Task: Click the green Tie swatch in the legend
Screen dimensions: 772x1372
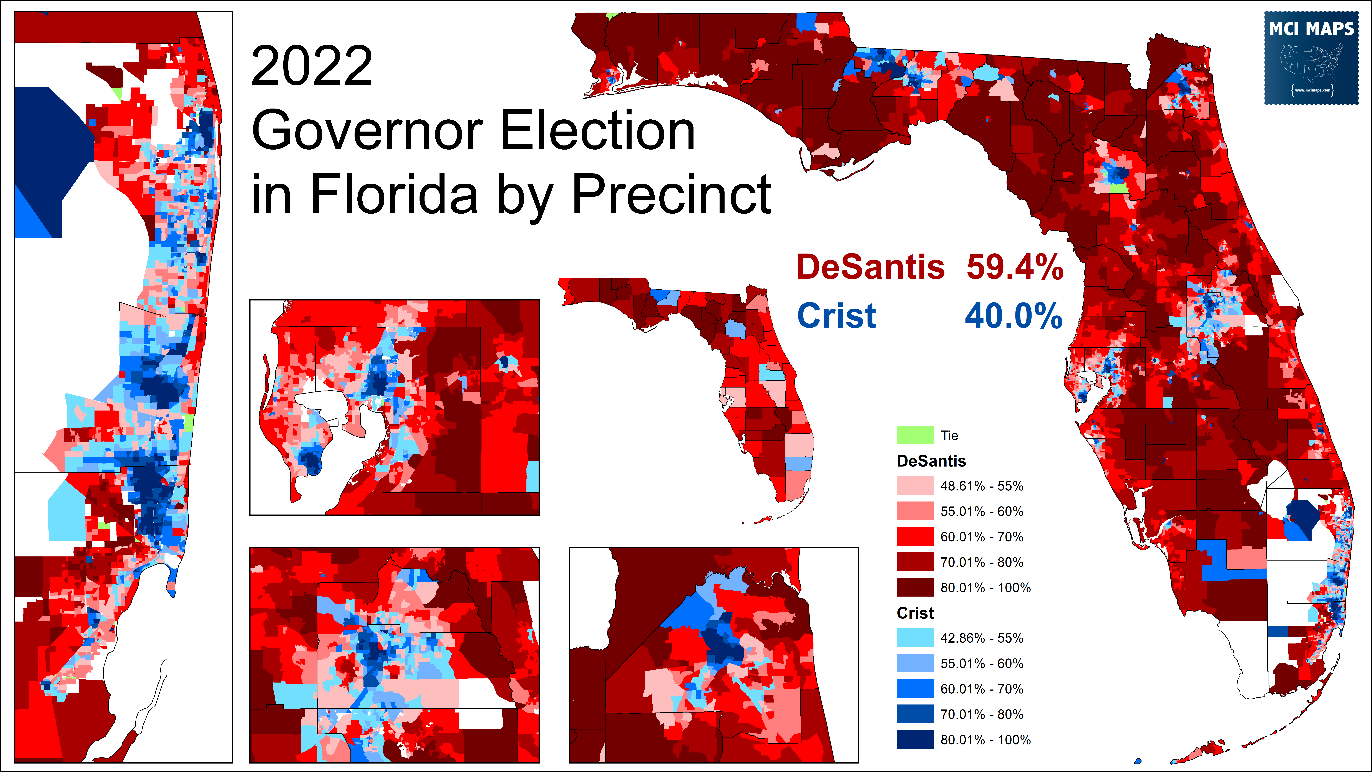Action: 914,435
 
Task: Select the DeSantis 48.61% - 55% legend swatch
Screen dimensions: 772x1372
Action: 914,486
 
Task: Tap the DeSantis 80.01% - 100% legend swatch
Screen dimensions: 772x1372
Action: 914,587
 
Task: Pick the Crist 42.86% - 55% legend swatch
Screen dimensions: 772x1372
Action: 914,638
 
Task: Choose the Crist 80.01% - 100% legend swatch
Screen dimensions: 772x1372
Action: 914,739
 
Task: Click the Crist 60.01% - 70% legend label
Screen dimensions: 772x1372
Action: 982,689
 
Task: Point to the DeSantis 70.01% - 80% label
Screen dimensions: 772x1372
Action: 982,562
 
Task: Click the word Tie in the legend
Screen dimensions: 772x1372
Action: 949,435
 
